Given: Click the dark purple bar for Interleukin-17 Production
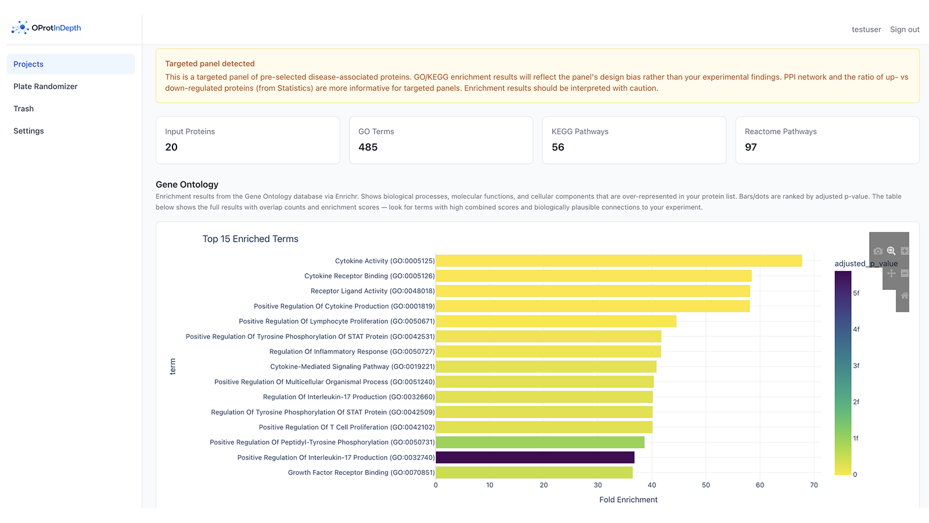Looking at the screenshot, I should (535, 457).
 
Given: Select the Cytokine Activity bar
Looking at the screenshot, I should (618, 261).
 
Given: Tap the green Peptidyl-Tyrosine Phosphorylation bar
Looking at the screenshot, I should (540, 442).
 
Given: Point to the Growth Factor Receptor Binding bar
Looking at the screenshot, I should (534, 472).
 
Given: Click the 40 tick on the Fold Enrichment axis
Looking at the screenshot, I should (652, 485).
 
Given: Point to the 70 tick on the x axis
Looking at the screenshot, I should (814, 485).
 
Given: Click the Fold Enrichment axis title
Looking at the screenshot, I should (628, 500).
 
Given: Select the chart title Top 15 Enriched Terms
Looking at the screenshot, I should (250, 239).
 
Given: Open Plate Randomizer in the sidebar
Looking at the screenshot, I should (45, 87).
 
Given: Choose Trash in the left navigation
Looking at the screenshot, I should (24, 109).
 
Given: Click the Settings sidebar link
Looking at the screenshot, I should (28, 131).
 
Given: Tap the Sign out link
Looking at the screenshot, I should (905, 30).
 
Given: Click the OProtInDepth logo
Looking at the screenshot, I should (46, 28).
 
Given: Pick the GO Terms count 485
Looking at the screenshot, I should (368, 147).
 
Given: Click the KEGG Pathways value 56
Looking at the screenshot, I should (558, 147).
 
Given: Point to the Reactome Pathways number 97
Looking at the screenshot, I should (751, 147).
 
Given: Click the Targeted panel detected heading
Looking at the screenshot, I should (210, 64).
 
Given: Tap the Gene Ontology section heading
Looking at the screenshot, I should (187, 184).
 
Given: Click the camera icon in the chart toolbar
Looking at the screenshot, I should (878, 251).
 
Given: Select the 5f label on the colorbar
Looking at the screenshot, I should (856, 293).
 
